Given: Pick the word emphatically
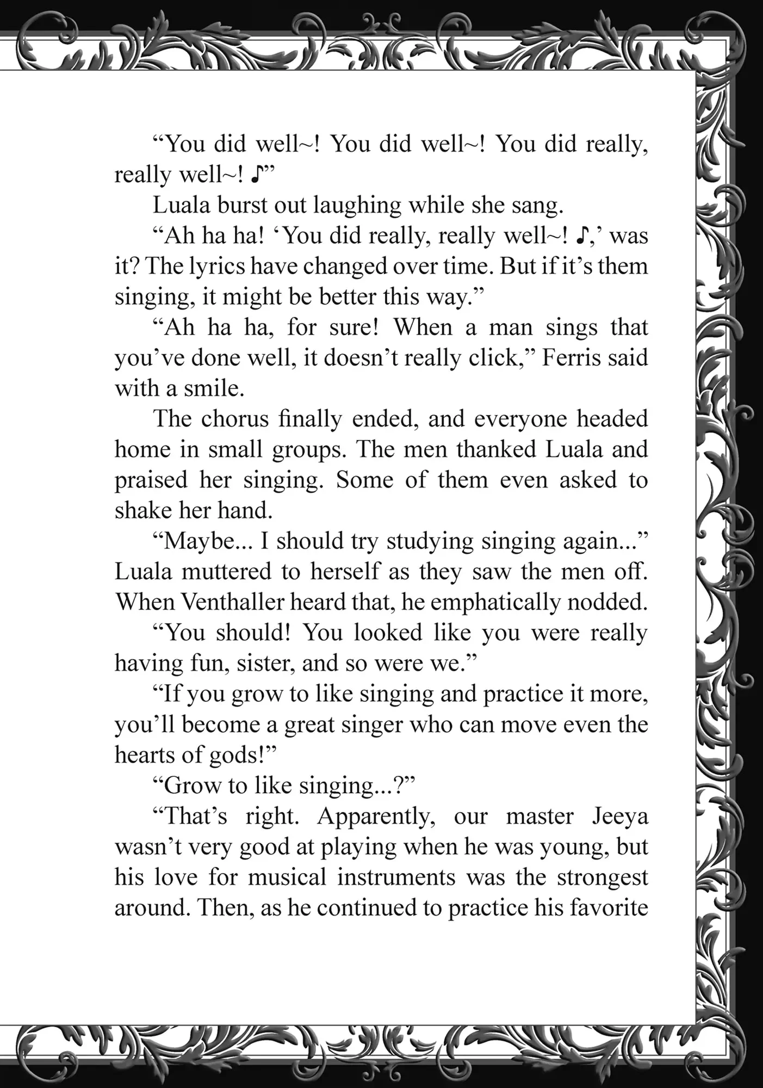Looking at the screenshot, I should [x=495, y=602].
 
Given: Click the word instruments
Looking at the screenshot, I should [x=396, y=877].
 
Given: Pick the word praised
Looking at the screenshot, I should [x=151, y=480].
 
